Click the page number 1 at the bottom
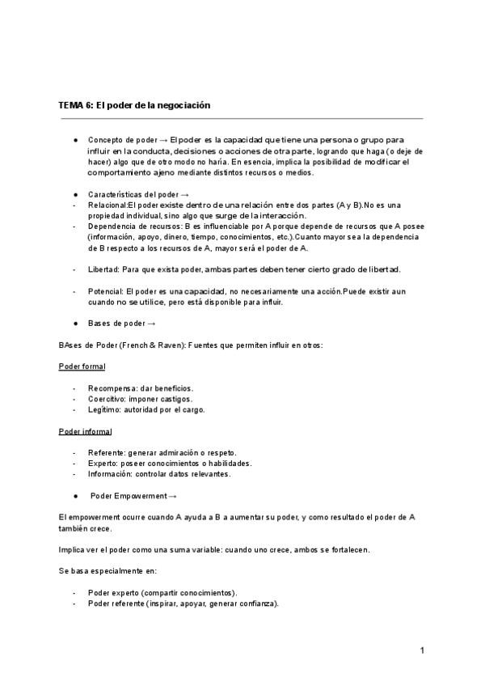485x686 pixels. tap(422, 650)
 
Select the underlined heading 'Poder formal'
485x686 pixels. tap(82, 366)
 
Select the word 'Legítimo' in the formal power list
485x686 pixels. tap(105, 409)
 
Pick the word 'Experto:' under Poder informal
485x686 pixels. tap(103, 464)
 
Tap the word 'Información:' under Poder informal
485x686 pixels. tap(111, 474)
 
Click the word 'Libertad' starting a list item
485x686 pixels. tap(103, 269)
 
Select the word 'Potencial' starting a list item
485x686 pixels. tap(105, 290)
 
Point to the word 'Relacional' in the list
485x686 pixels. tap(108, 205)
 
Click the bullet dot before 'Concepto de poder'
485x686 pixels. tap(75, 140)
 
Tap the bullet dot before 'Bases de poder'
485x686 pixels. tap(75, 324)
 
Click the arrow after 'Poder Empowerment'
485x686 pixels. tap(173, 496)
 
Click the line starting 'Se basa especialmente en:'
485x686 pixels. tap(108, 571)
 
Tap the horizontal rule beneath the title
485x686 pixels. tap(242, 119)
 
